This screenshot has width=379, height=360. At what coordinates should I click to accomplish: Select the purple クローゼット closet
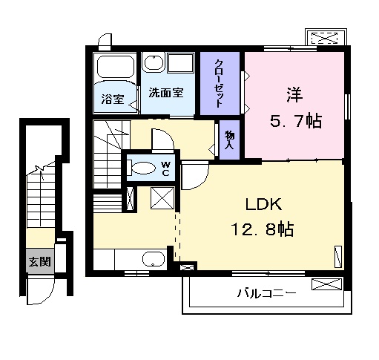pos(220,84)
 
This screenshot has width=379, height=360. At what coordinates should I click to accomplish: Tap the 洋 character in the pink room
pos(294,94)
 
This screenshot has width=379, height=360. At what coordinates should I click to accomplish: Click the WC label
pos(166,168)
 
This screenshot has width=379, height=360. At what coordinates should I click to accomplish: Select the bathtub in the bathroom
pos(116,67)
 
